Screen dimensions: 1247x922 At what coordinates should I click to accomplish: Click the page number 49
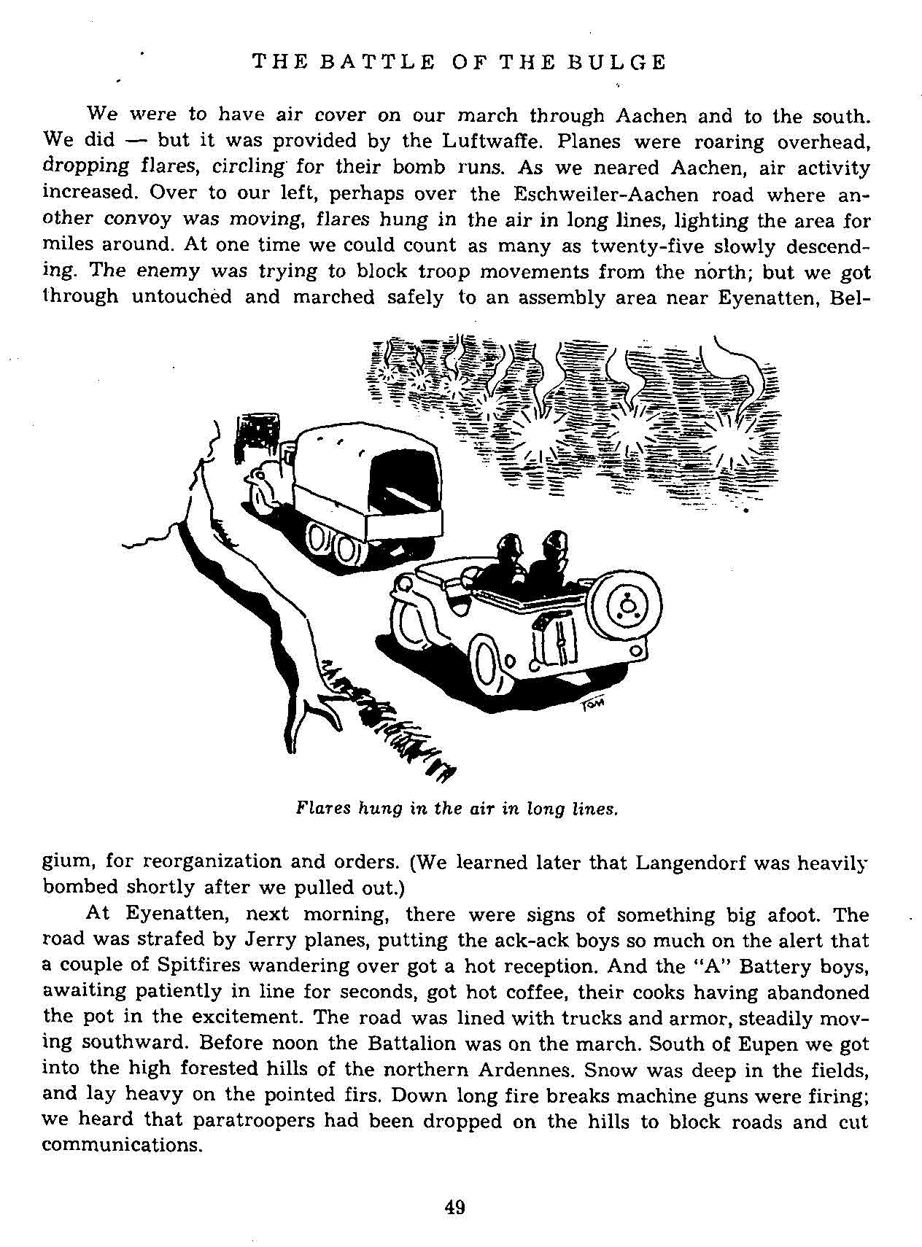[x=454, y=1207]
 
